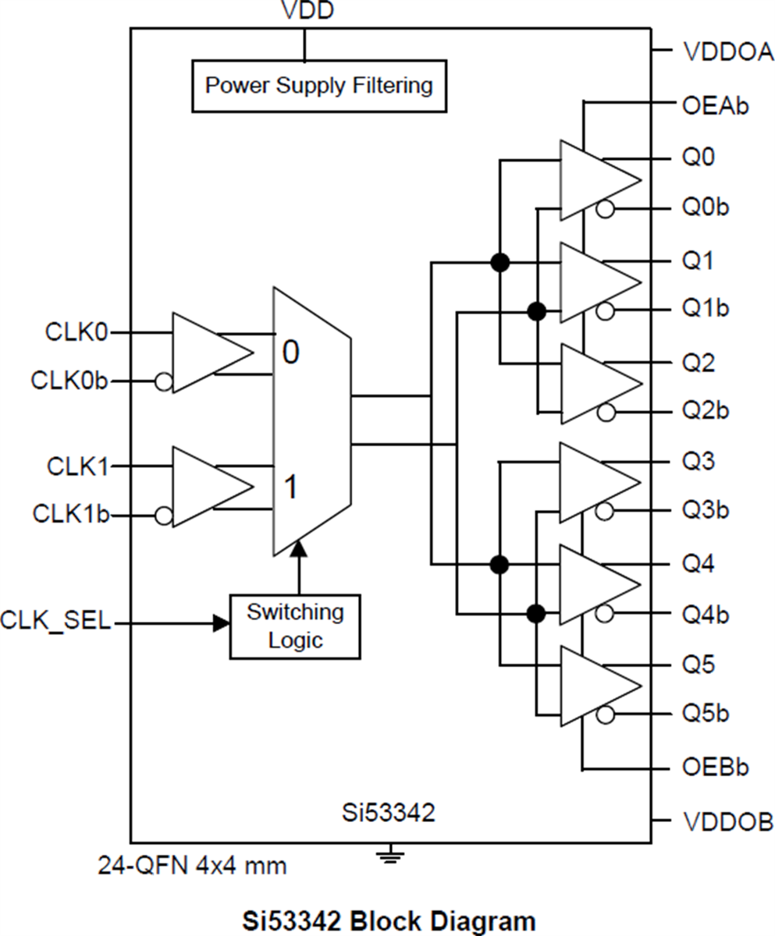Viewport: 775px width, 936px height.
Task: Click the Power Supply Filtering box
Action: [319, 85]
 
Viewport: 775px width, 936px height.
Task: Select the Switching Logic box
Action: [295, 626]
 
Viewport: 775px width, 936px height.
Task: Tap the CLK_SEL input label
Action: [55, 622]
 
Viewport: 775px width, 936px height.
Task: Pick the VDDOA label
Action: [727, 52]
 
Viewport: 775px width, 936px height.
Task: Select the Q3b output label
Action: [706, 511]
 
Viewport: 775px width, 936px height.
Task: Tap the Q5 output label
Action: [699, 665]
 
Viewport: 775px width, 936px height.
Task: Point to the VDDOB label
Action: [727, 821]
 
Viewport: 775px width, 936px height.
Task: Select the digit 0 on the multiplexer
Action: [290, 353]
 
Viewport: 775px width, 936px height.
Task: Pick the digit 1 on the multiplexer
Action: [290, 488]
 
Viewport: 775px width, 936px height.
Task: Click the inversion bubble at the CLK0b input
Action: [164, 381]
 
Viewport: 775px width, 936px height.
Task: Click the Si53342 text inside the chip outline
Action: [388, 814]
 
